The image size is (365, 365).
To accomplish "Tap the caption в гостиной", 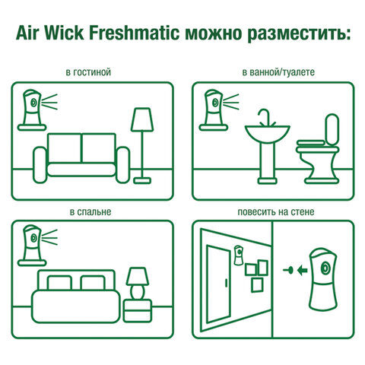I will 89,72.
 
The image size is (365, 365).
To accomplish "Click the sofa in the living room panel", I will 82,154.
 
